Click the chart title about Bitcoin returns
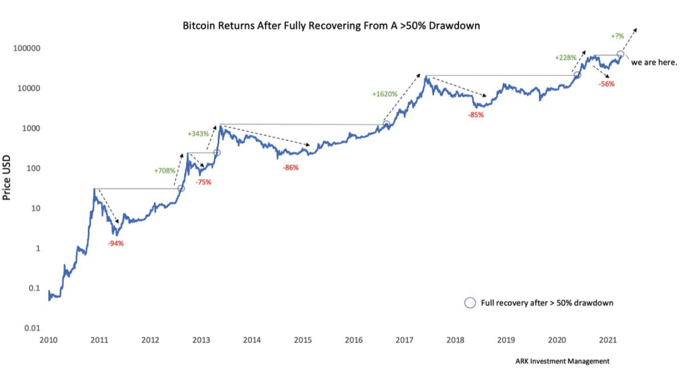331,25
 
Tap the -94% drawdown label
115,244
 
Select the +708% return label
165,170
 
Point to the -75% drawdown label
203,182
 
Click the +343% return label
198,134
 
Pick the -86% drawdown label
290,167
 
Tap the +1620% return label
385,94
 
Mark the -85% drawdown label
475,115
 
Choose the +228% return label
566,58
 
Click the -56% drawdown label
606,84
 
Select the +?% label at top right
617,36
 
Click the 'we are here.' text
654,63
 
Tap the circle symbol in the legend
470,303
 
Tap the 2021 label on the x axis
608,340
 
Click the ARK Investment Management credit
562,361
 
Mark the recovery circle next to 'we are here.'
621,54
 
